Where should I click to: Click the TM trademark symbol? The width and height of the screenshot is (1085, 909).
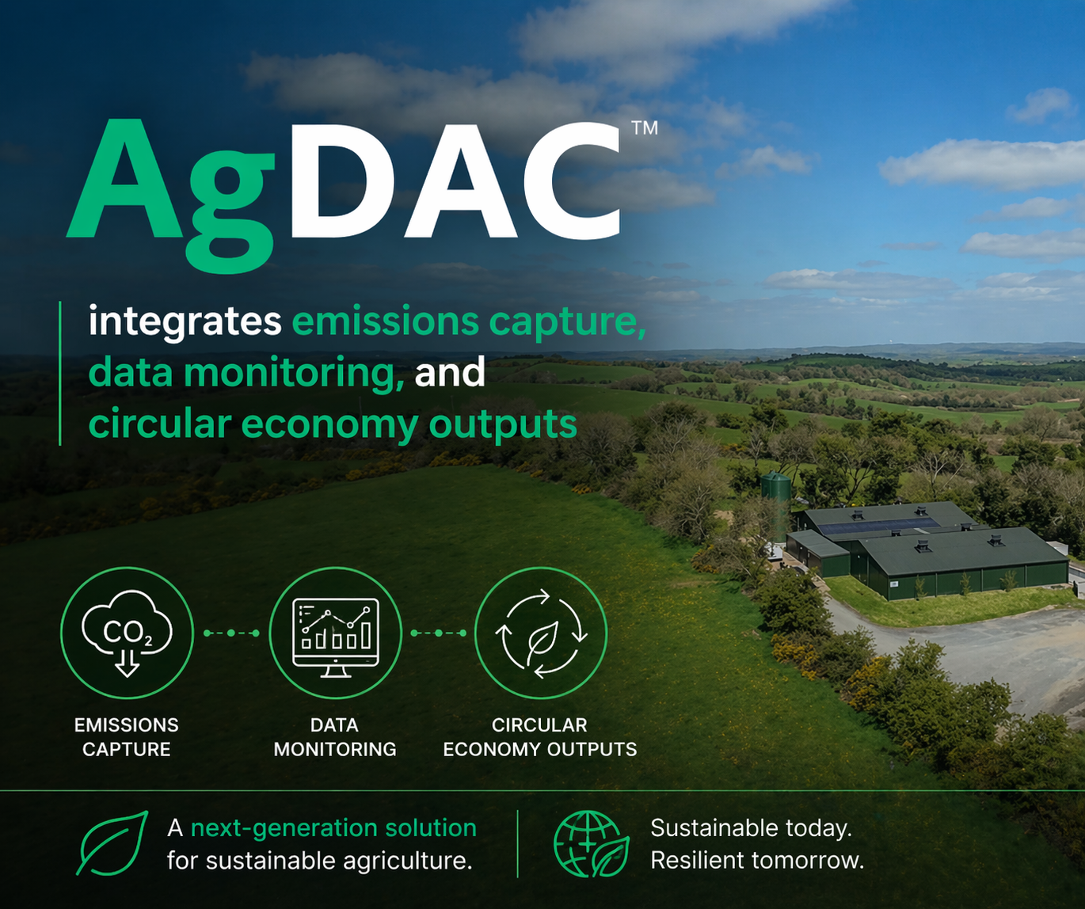(x=645, y=127)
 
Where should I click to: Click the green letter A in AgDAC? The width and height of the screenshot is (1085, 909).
(x=124, y=179)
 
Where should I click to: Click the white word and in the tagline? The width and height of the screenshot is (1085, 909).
(x=450, y=372)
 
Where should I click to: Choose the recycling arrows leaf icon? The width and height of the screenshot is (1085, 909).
(x=541, y=633)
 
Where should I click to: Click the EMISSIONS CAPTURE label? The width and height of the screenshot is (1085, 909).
(x=126, y=737)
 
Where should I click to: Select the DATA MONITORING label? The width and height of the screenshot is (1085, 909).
(x=335, y=737)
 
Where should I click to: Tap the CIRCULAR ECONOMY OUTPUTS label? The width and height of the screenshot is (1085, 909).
(x=540, y=737)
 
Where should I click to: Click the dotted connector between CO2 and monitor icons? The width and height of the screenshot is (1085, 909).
(x=231, y=633)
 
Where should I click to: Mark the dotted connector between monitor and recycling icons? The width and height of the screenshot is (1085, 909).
(x=439, y=633)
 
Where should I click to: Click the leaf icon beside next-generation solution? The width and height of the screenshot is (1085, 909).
(x=112, y=843)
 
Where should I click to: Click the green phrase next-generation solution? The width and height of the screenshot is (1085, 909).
(x=333, y=828)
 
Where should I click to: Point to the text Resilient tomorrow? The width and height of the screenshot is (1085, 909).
(x=757, y=861)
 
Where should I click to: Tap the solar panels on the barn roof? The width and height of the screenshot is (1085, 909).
(x=878, y=525)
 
